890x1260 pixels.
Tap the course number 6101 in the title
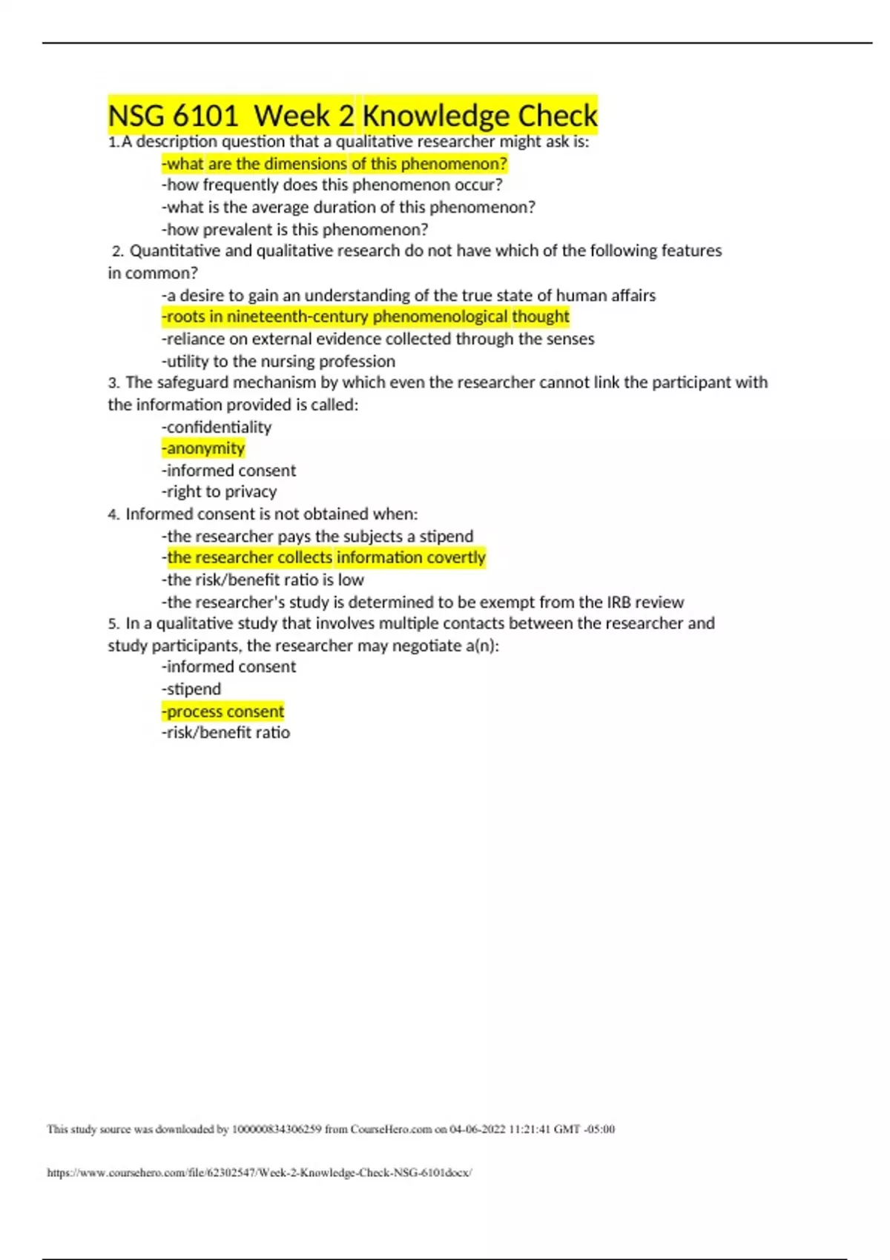click(205, 116)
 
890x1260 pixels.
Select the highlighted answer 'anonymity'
click(203, 448)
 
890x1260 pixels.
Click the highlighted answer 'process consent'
click(223, 712)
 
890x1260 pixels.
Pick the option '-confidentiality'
click(217, 427)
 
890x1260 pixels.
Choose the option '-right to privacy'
click(219, 492)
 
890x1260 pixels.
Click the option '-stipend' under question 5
click(191, 689)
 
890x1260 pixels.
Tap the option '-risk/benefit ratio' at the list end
click(225, 733)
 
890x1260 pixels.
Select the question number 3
click(113, 383)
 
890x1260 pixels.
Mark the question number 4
click(113, 514)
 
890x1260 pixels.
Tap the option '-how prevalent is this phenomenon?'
click(294, 230)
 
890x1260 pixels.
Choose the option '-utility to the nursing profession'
click(278, 362)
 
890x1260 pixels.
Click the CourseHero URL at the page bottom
click(260, 1173)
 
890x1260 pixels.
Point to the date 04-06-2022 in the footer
click(478, 1130)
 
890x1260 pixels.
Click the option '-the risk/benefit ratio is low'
click(263, 580)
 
